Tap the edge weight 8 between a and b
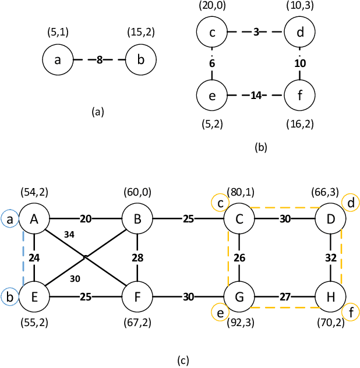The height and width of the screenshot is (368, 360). (x=100, y=60)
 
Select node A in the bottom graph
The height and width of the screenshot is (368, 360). (x=35, y=218)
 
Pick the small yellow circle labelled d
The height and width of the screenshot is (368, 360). (x=351, y=203)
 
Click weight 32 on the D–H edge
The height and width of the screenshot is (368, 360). (x=331, y=257)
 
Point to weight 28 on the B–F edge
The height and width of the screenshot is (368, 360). (x=137, y=257)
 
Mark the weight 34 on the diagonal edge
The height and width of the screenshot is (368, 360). (x=69, y=234)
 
